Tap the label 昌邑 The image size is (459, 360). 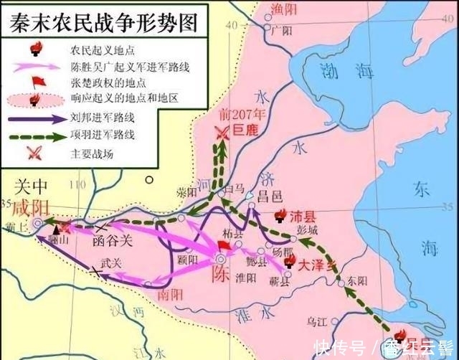click(x=270, y=196)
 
